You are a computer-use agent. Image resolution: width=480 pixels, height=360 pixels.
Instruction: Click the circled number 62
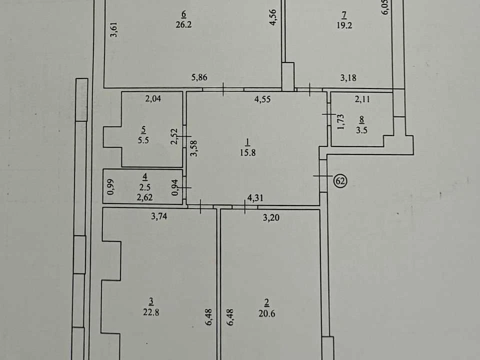[340, 181]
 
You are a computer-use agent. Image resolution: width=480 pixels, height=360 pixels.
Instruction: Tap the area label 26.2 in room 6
[183, 24]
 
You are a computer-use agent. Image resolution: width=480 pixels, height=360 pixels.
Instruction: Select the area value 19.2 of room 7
[344, 25]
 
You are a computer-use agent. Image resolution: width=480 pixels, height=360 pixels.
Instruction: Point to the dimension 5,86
[199, 77]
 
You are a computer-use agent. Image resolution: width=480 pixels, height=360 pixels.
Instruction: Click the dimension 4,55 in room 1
[262, 99]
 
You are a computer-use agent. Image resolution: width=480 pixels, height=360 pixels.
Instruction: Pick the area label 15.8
[247, 152]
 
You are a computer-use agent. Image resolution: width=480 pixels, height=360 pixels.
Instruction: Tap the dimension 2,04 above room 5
[153, 98]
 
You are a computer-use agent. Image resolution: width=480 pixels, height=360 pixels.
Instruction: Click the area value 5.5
[143, 140]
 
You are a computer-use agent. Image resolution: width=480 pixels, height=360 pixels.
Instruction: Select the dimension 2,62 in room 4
[144, 197]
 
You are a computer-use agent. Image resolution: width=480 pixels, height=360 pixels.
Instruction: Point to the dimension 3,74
[159, 216]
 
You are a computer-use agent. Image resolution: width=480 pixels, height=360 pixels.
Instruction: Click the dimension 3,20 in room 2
[271, 217]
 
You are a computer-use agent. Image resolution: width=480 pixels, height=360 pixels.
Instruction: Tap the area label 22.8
[151, 312]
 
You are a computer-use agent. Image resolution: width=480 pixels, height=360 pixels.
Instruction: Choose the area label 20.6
[266, 313]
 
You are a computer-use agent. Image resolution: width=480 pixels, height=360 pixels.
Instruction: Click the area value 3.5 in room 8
[361, 130]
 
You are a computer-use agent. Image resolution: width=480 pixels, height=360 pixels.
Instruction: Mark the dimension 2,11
[362, 99]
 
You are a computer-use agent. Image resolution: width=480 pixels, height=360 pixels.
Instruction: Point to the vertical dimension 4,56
[272, 17]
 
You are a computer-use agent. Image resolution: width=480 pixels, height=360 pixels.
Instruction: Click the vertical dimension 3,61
[113, 29]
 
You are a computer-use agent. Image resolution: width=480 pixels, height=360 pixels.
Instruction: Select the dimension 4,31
[255, 198]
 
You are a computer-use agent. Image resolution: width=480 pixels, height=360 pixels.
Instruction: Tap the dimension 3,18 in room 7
[348, 78]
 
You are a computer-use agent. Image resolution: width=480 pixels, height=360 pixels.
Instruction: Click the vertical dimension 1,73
[340, 122]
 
